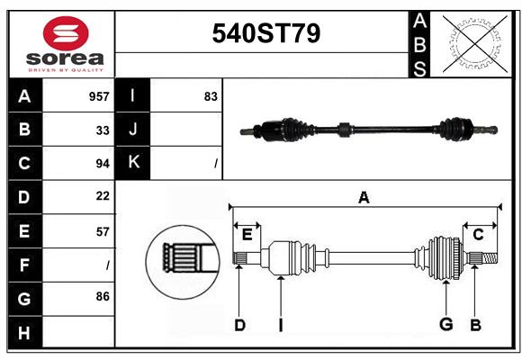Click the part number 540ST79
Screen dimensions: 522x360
click(266, 33)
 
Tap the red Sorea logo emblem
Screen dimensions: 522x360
click(66, 33)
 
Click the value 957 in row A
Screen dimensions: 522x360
click(99, 96)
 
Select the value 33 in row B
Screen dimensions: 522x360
click(103, 130)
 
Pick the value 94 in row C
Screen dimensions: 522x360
click(103, 164)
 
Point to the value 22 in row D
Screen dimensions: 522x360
click(103, 196)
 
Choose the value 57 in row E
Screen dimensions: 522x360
click(103, 232)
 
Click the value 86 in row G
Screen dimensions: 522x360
click(103, 296)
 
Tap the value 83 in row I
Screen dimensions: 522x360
click(211, 96)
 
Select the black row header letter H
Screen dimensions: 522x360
click(24, 333)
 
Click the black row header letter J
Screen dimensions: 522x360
click(133, 129)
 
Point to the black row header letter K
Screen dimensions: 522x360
click(133, 162)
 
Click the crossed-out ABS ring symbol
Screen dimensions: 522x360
click(475, 44)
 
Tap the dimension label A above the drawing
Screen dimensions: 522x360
click(364, 197)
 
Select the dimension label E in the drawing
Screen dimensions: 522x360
click(247, 235)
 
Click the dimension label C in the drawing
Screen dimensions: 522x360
click(478, 235)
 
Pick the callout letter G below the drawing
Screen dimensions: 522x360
click(446, 324)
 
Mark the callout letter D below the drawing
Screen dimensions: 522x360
click(239, 325)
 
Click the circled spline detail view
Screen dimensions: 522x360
click(183, 262)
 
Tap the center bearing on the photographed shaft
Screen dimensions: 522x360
click(344, 130)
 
